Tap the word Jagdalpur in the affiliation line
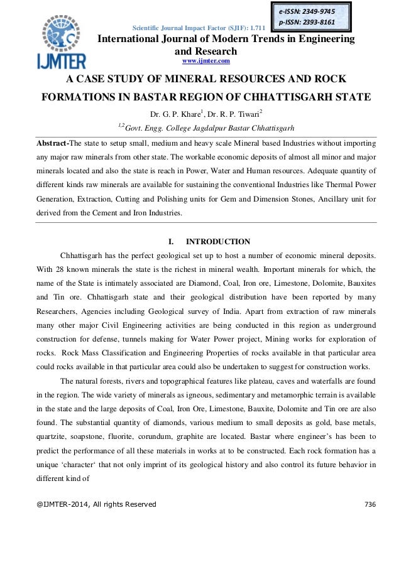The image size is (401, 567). click(209, 129)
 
